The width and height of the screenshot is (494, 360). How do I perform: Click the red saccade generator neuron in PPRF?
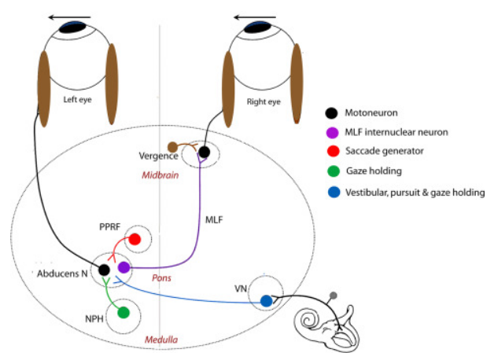135,239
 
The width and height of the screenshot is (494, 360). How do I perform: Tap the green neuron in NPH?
123,312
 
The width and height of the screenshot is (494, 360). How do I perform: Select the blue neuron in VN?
267,300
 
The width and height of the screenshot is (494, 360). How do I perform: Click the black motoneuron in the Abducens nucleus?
104,270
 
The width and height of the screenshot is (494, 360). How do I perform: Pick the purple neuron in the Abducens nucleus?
124,268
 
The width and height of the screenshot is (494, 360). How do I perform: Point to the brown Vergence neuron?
173,146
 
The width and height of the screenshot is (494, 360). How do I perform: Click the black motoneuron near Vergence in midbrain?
204,152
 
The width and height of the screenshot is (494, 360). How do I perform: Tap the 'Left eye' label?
79,100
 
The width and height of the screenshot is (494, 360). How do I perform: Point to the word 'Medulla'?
160,340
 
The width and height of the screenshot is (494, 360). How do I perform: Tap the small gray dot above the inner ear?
334,296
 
